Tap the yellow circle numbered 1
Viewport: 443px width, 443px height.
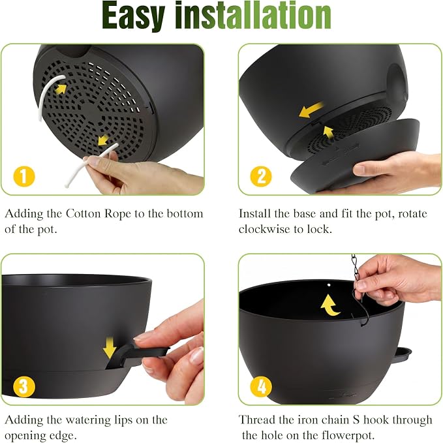pyautogui.click(x=24, y=177)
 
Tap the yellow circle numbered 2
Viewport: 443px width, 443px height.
pyautogui.click(x=261, y=177)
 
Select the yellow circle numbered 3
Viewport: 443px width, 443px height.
pyautogui.click(x=24, y=386)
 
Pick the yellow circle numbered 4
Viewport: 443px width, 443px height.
pyautogui.click(x=261, y=386)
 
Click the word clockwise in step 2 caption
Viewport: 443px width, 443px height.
pyautogui.click(x=264, y=229)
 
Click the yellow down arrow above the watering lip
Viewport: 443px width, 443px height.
pyautogui.click(x=110, y=348)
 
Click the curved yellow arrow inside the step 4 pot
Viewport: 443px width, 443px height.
pyautogui.click(x=329, y=305)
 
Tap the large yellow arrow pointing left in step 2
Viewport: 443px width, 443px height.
pyautogui.click(x=311, y=110)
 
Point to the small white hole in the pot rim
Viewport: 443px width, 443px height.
pyautogui.click(x=329, y=285)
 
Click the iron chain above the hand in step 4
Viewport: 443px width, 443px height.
pyautogui.click(x=355, y=267)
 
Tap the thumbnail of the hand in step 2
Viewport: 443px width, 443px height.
pyautogui.click(x=360, y=169)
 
